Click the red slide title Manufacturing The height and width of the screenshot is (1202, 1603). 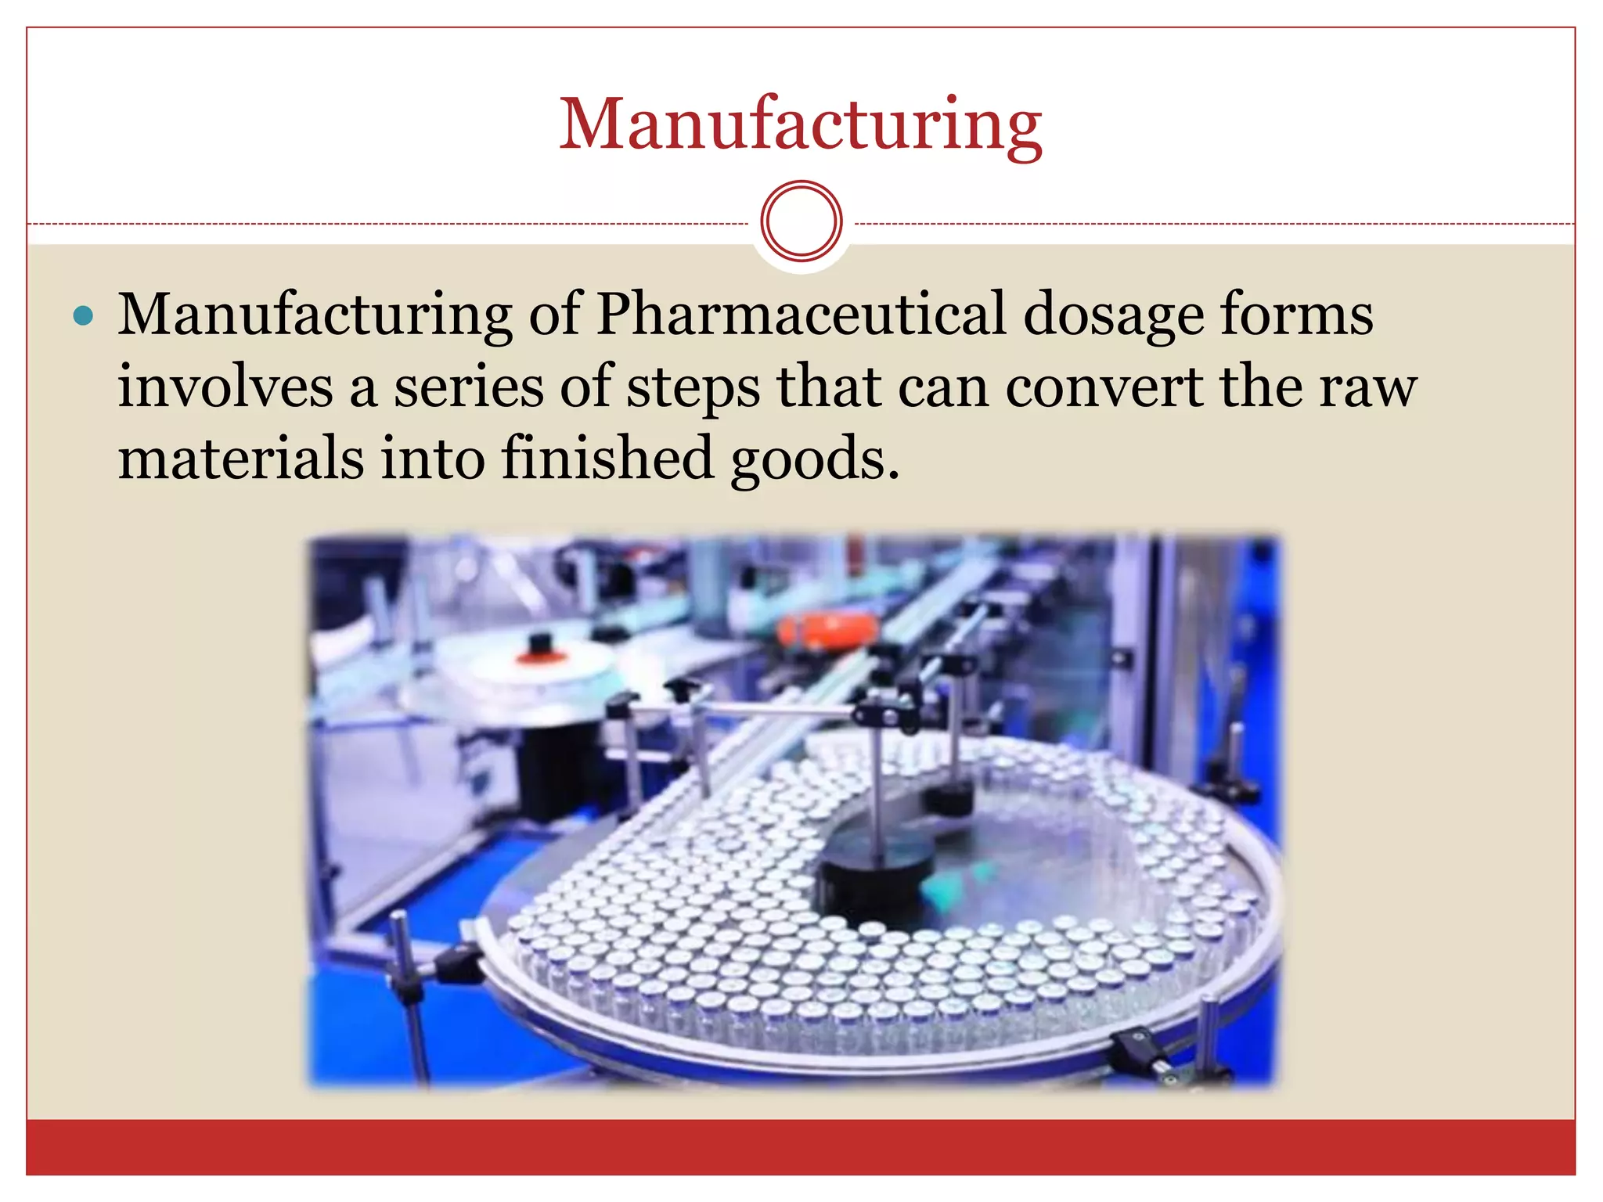[x=800, y=125]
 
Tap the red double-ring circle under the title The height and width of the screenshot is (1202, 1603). [x=801, y=221]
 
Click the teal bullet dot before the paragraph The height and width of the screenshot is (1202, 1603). [x=83, y=316]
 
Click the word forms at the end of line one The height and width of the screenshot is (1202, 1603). [x=1296, y=315]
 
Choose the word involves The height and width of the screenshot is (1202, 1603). [x=225, y=387]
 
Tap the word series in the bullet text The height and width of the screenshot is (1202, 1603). [x=467, y=387]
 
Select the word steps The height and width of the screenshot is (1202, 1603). [x=693, y=388]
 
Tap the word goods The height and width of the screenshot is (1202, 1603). [x=814, y=459]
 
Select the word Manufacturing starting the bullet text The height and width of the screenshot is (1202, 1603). [x=315, y=315]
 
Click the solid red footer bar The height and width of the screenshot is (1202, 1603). [x=800, y=1147]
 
